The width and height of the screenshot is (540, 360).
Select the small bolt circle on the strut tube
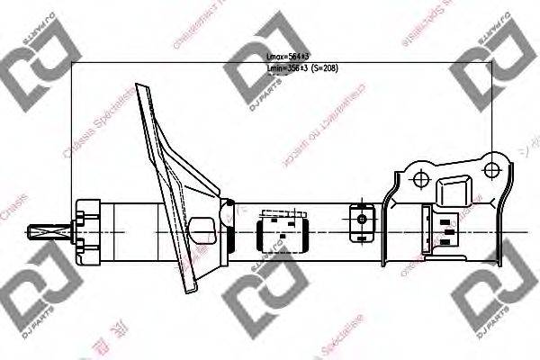(362, 218)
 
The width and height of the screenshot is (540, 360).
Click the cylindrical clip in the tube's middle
(282, 230)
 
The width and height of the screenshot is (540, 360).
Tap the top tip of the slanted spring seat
(139, 86)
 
